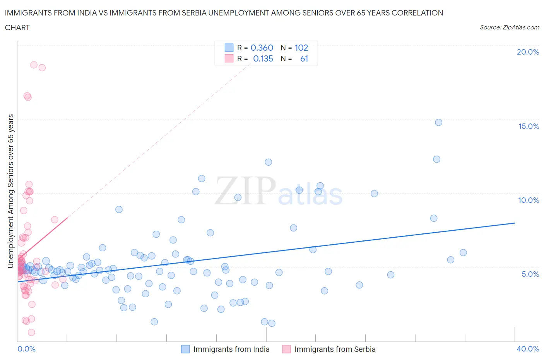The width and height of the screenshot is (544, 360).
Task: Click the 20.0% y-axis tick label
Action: click(x=528, y=52)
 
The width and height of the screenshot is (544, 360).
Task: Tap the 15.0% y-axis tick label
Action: click(x=529, y=126)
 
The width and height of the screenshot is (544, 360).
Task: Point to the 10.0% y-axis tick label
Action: click(x=529, y=200)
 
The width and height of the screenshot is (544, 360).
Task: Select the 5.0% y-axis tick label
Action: click(x=530, y=274)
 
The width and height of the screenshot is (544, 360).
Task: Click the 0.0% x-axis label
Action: click(x=26, y=349)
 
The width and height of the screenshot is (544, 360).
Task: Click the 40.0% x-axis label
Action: click(x=528, y=349)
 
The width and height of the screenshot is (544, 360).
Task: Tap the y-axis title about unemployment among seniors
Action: click(x=10, y=191)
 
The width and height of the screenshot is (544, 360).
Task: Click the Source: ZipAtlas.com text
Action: click(x=509, y=27)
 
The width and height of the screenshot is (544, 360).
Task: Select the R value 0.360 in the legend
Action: click(x=262, y=48)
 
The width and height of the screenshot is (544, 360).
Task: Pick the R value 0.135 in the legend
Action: click(x=263, y=58)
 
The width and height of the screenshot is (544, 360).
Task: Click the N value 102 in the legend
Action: click(x=301, y=48)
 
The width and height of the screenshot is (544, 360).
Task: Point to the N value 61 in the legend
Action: click(x=304, y=58)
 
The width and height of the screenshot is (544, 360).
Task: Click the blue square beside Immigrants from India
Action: click(x=186, y=349)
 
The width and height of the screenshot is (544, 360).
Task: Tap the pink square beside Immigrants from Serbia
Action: click(x=286, y=349)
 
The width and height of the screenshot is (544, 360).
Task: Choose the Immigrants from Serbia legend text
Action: click(x=335, y=349)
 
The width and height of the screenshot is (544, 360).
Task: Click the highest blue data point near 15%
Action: click(x=438, y=122)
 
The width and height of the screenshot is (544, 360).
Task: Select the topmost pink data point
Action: click(x=34, y=65)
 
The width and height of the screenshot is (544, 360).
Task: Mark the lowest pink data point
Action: click(x=31, y=332)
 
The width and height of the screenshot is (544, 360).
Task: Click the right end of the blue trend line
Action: click(x=515, y=223)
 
